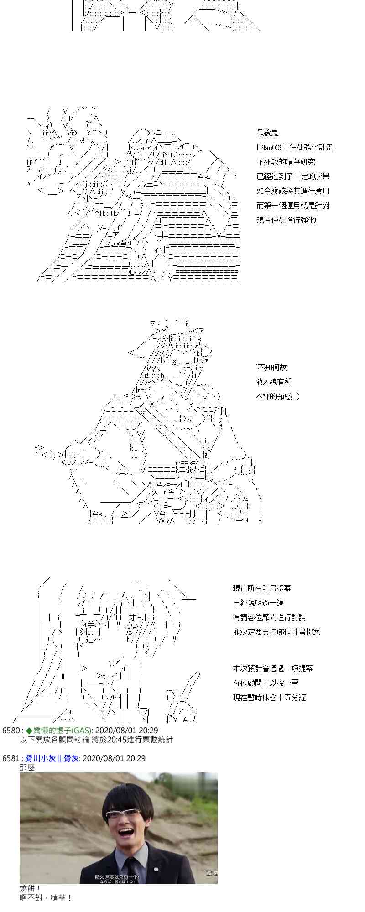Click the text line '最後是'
267,133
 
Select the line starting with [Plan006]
294,147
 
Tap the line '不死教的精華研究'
286,162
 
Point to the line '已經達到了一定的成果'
292,176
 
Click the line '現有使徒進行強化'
286,220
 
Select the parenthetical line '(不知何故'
271,368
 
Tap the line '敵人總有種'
273,382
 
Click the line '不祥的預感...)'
277,397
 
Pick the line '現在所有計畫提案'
262,588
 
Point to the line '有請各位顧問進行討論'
269,617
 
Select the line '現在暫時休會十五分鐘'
269,698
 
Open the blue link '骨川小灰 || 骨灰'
52,758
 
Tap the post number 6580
10,731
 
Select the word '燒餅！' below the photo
31,888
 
